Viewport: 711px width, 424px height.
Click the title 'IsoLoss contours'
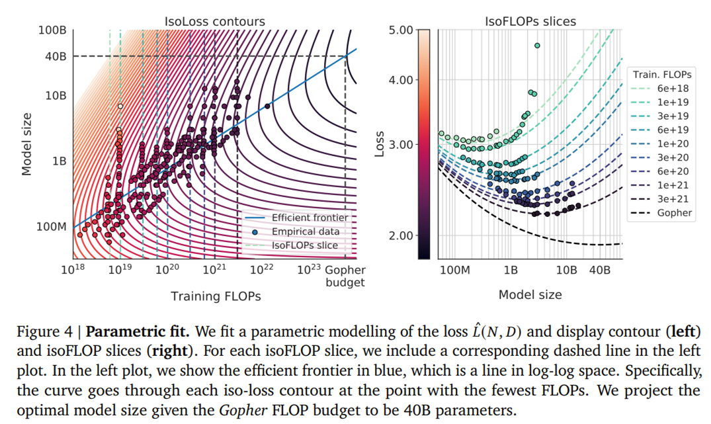tap(214, 21)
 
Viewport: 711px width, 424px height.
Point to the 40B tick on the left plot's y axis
tap(57, 56)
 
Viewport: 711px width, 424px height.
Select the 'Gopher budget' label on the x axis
tap(345, 276)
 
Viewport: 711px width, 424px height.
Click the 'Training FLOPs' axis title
tap(216, 296)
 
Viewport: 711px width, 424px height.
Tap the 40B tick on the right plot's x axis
tap(599, 271)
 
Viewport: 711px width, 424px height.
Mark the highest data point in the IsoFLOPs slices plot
tap(537, 46)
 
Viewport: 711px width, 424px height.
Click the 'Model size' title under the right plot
tap(530, 294)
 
